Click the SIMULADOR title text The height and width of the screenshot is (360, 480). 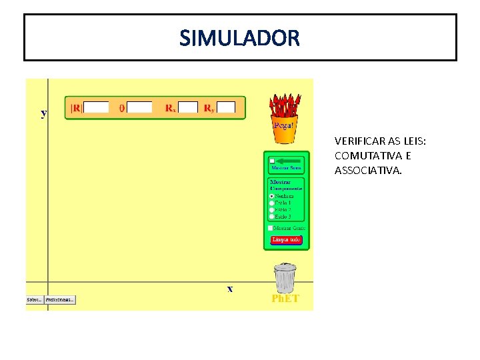tap(240, 38)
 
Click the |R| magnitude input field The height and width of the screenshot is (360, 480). tap(97, 107)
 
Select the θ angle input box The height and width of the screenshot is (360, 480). tap(139, 107)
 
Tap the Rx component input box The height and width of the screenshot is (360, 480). tap(188, 107)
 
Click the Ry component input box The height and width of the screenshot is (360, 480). tap(226, 107)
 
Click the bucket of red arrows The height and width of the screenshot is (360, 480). tap(285, 118)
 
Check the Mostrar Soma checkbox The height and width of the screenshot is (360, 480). tap(272, 161)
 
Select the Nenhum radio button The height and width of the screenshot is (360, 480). tap(271, 197)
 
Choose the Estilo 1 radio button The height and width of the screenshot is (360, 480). tap(271, 203)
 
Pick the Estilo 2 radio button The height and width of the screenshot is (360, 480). tap(271, 210)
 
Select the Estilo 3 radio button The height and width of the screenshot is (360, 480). tap(271, 217)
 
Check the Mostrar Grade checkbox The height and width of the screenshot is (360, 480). tap(270, 228)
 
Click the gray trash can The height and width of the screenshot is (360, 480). tap(285, 277)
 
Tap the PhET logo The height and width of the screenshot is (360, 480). tap(285, 299)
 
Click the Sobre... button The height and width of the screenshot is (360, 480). tap(34, 300)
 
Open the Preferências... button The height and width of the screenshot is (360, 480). tap(61, 300)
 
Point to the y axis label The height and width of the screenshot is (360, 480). tap(44, 113)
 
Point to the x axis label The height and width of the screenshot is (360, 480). tap(230, 289)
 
